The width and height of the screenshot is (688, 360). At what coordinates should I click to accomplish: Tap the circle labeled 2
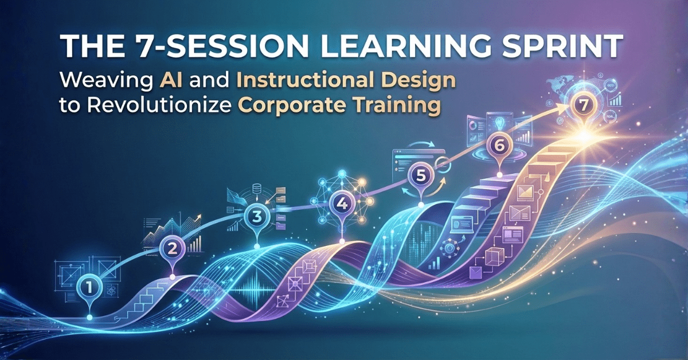click(172, 248)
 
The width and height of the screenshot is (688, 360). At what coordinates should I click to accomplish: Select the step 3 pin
click(256, 217)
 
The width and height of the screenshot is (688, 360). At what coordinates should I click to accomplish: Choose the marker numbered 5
click(420, 175)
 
